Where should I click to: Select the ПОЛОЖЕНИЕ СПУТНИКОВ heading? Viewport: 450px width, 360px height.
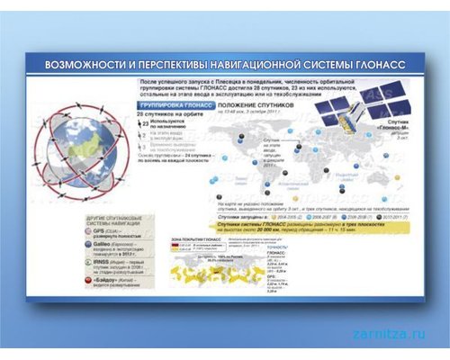(x=256, y=106)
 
